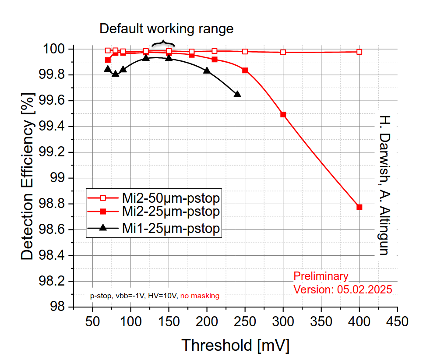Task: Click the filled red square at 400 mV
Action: (360, 207)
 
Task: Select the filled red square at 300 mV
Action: (283, 114)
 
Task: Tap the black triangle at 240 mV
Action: (237, 94)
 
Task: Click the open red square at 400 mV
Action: (360, 52)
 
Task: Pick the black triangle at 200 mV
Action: (207, 71)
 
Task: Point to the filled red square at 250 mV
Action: (245, 70)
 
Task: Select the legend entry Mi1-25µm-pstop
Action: (170, 228)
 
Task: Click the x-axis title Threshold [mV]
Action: (235, 345)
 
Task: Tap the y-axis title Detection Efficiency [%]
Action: (27, 176)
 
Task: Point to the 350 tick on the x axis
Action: (321, 321)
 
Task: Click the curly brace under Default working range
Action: (163, 43)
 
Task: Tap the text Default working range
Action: (166, 29)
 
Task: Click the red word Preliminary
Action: (321, 276)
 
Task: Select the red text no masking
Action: (200, 296)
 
